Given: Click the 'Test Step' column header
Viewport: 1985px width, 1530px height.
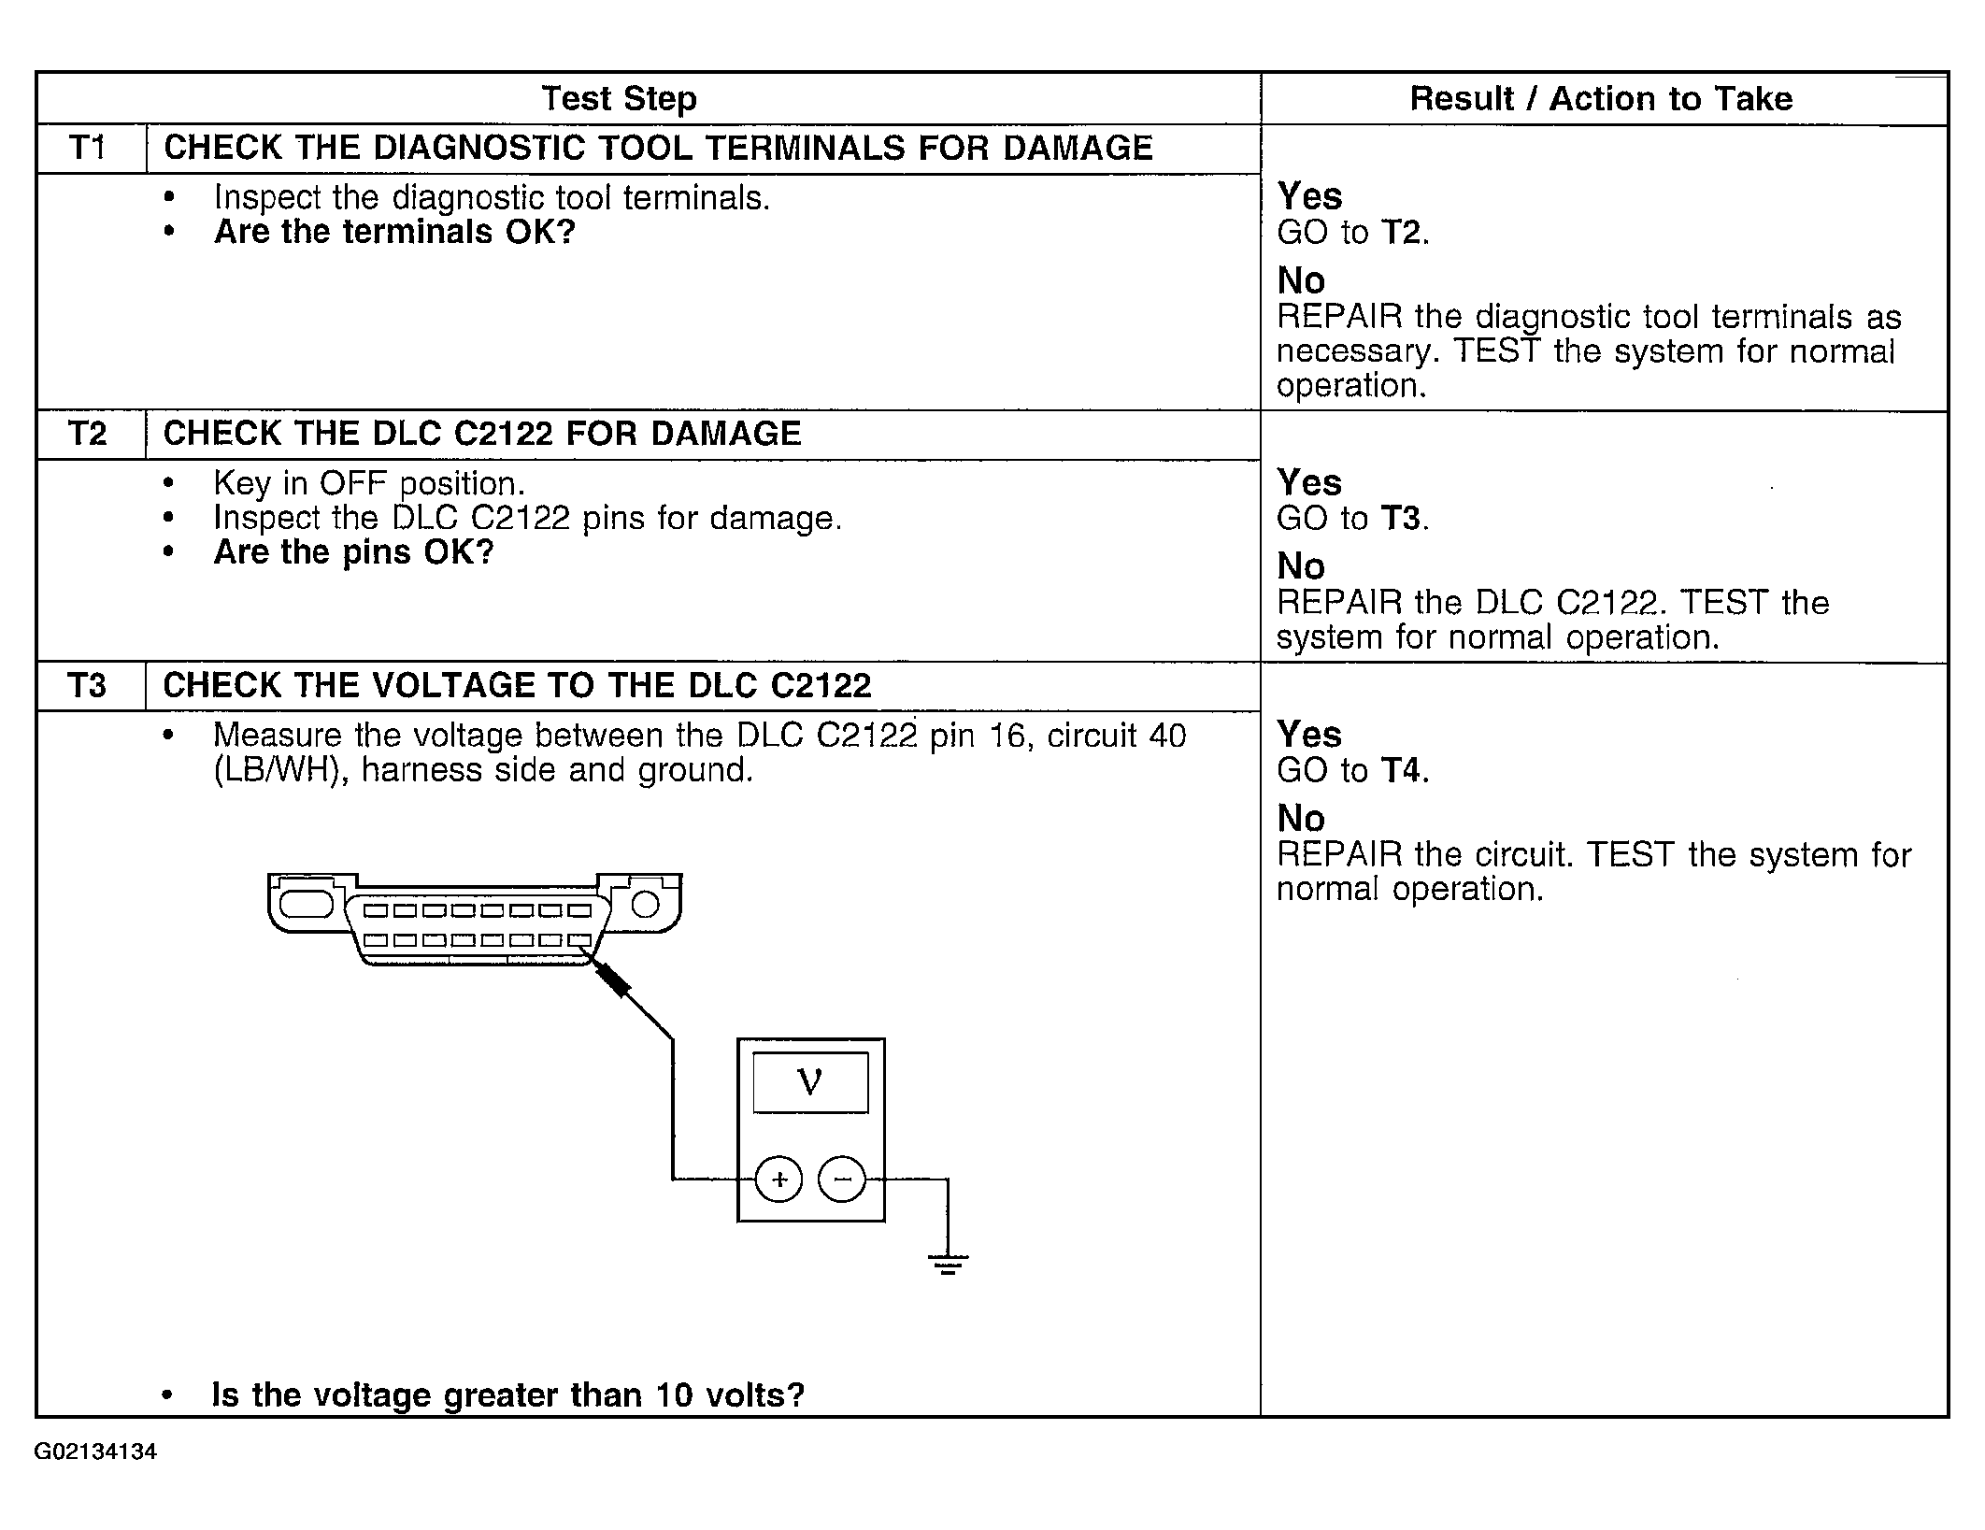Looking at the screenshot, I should [619, 98].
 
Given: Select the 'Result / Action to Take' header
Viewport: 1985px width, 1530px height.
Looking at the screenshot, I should [1601, 98].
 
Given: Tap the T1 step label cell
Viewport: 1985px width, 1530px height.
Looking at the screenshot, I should [89, 148].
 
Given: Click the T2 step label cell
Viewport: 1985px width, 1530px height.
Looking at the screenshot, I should [89, 434].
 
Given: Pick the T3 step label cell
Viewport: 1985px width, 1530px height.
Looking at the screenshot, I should [89, 686].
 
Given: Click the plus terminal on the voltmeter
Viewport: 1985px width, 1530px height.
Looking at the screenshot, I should [778, 1180].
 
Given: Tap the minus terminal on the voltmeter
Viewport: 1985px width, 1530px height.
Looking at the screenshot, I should [842, 1180].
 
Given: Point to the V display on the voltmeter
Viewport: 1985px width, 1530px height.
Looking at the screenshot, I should [810, 1081].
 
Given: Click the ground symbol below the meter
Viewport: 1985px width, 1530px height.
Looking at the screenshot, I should [948, 1265].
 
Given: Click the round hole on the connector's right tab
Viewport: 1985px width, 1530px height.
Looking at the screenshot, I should [646, 905].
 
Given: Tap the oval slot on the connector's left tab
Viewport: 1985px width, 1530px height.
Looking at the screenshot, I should [306, 905].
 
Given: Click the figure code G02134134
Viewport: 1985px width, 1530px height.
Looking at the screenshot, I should [96, 1451].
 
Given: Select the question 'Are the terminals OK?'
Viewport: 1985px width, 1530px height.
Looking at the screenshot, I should [394, 232].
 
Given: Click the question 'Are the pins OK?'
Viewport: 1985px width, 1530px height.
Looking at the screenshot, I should [353, 552].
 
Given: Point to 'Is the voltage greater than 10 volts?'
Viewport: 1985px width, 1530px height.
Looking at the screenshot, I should [508, 1394].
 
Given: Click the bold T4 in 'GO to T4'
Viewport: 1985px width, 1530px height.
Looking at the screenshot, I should [1402, 770].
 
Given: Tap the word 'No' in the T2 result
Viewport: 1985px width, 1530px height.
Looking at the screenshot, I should [1301, 566].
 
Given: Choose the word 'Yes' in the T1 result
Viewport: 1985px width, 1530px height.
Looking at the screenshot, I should [1309, 196].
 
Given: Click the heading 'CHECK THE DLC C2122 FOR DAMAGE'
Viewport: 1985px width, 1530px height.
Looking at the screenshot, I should [482, 434].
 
